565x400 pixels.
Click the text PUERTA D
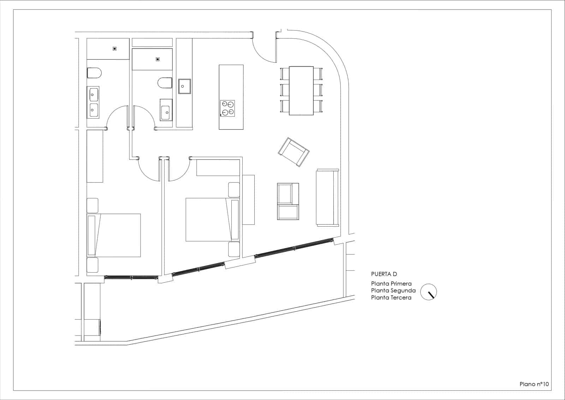[384, 274]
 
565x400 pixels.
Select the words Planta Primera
[391, 284]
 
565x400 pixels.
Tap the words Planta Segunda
[393, 291]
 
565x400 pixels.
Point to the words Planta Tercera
[391, 298]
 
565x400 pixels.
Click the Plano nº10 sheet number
[534, 384]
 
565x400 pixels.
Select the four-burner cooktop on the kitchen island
[227, 108]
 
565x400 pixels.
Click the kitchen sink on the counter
[185, 86]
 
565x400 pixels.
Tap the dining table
[301, 91]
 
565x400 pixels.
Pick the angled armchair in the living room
[293, 152]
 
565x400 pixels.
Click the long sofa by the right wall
[327, 197]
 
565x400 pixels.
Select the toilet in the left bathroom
[94, 73]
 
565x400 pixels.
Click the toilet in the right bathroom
[165, 83]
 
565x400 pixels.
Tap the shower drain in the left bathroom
[115, 49]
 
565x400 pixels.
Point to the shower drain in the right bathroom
[157, 59]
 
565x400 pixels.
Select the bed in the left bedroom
[114, 235]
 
